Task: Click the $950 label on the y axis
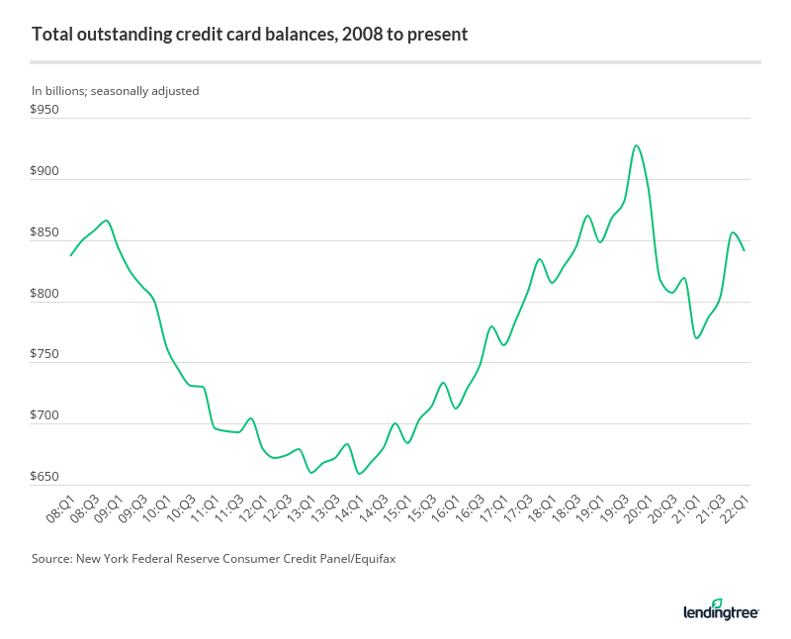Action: (45, 110)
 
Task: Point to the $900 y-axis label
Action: (45, 171)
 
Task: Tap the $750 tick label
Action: (45, 354)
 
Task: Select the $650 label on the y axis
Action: (45, 477)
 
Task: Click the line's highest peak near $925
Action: (637, 145)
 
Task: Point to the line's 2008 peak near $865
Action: (106, 221)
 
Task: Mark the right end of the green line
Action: (744, 250)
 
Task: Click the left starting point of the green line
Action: (70, 255)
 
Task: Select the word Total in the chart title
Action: (51, 35)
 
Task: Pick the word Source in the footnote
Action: (52, 559)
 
